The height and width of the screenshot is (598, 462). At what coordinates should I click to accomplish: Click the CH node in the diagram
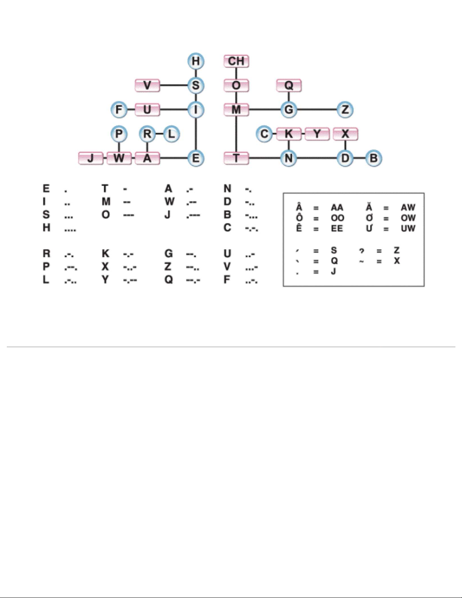tap(236, 61)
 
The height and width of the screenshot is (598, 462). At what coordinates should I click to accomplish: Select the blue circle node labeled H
tap(195, 61)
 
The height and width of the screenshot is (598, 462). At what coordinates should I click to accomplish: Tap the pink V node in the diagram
tap(147, 86)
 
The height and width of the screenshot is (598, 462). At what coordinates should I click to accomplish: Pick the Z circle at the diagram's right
tap(345, 110)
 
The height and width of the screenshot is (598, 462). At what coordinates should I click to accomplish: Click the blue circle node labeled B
tap(373, 158)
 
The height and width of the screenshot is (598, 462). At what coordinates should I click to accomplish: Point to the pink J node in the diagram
tap(91, 158)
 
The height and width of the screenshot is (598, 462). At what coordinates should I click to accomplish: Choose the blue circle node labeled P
tap(119, 134)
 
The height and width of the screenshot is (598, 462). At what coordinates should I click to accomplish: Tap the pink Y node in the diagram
tap(317, 134)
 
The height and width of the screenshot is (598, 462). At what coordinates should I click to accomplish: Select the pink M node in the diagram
tap(236, 110)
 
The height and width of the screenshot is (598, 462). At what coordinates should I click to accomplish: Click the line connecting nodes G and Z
tap(317, 110)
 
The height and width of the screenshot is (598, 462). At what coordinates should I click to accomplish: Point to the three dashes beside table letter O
tap(129, 215)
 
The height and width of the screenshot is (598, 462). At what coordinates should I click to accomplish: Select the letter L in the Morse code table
tap(46, 280)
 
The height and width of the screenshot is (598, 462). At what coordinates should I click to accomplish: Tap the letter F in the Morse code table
tap(227, 280)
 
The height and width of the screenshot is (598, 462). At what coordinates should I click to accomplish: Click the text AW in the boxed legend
tap(408, 208)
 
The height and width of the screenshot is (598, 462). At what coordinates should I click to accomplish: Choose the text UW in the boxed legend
tap(408, 228)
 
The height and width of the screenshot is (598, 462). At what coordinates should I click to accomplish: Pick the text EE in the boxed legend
tap(337, 228)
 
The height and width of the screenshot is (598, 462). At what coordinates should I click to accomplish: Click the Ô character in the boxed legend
tap(299, 217)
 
